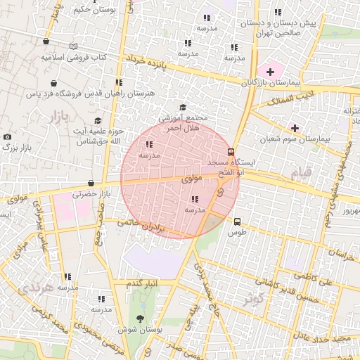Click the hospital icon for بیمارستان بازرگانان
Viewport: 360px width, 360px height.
[270, 72]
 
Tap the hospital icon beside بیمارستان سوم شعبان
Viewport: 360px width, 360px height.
[294, 129]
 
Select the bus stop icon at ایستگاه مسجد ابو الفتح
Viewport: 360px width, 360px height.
[231, 152]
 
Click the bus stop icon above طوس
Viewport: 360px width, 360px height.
[236, 221]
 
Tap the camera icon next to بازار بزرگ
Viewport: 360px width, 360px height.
[7, 136]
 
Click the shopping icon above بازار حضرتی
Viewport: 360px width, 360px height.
[91, 184]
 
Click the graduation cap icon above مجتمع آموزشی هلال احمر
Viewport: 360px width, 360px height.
[183, 108]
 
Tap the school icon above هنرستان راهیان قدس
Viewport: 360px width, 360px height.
[119, 83]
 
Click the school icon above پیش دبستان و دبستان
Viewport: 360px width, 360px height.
[278, 13]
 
